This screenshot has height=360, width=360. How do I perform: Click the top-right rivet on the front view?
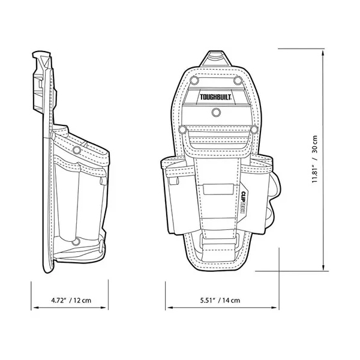tap(237, 80)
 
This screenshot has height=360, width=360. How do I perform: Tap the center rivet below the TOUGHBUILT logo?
tap(215, 112)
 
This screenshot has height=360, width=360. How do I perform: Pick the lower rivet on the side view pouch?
tap(76, 242)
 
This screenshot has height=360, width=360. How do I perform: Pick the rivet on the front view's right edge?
tap(253, 129)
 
